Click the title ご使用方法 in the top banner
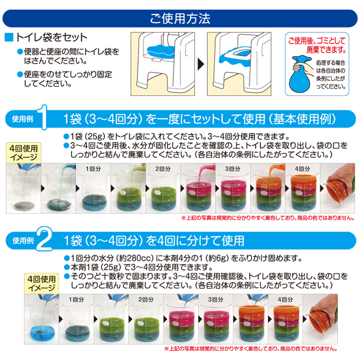pyautogui.click(x=180, y=19)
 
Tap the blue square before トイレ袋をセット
pyautogui.click(x=9, y=37)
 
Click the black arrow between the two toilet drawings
pyautogui.click(x=201, y=64)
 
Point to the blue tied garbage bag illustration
pyautogui.click(x=299, y=74)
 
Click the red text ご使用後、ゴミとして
pyautogui.click(x=317, y=41)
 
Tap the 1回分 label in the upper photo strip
pyautogui.click(x=93, y=169)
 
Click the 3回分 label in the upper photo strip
pyautogui.click(x=233, y=169)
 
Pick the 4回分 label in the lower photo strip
pyautogui.click(x=286, y=299)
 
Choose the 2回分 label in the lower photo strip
pyautogui.click(x=146, y=299)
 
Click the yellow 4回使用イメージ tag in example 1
pyautogui.click(x=23, y=153)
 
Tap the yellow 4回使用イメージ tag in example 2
pyautogui.click(x=41, y=284)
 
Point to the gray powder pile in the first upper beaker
pyautogui.click(x=23, y=205)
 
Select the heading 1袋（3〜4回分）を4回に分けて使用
pyautogui.click(x=154, y=241)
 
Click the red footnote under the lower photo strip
pyautogui.click(x=251, y=349)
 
